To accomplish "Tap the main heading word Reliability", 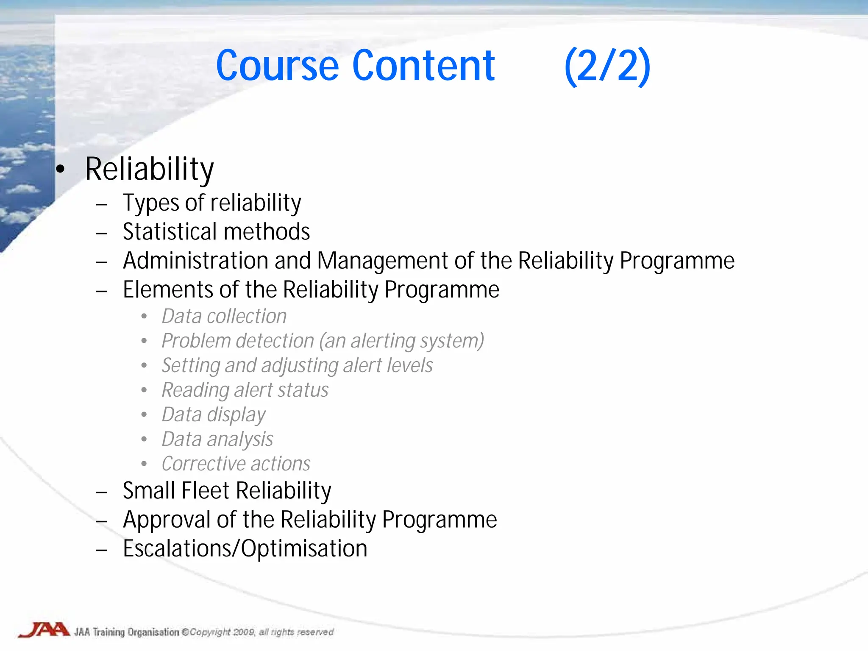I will click(x=149, y=169).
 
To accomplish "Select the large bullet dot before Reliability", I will click(x=61, y=169).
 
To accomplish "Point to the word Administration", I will click(x=195, y=261).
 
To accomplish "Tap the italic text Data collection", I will click(x=224, y=316).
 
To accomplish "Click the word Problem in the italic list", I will click(x=195, y=341).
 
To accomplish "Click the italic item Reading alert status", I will click(x=245, y=390).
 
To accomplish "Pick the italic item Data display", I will click(x=213, y=415).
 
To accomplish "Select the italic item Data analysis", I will click(x=217, y=440).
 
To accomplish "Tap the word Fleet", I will click(x=205, y=491).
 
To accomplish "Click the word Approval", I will click(x=166, y=520).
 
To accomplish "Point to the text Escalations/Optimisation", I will click(x=245, y=549).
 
